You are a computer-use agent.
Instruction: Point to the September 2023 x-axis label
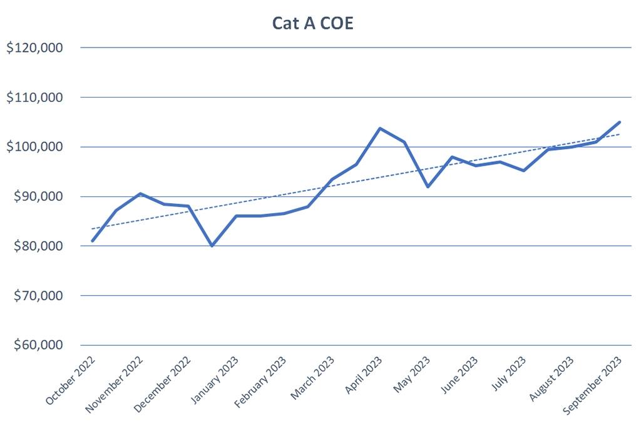pyautogui.click(x=593, y=384)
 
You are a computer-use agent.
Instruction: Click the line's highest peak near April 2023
pyautogui.click(x=380, y=128)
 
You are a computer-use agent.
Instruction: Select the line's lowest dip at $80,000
pyautogui.click(x=212, y=246)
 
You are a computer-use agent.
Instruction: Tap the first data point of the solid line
pyautogui.click(x=93, y=241)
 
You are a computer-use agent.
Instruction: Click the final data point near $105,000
pyautogui.click(x=619, y=123)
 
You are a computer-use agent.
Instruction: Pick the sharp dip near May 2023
pyautogui.click(x=428, y=186)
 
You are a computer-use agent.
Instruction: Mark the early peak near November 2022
pyautogui.click(x=140, y=194)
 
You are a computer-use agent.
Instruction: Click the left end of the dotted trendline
pyautogui.click(x=93, y=229)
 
